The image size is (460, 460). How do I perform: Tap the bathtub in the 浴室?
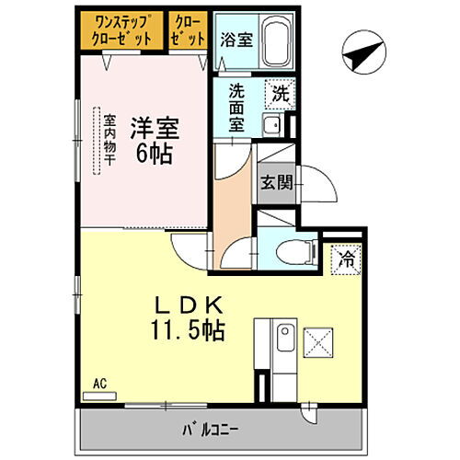tap(274, 41)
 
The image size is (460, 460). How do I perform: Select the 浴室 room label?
tap(236, 40)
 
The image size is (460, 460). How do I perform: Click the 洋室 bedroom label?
tap(152, 125)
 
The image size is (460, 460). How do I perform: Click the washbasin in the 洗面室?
tap(271, 126)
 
